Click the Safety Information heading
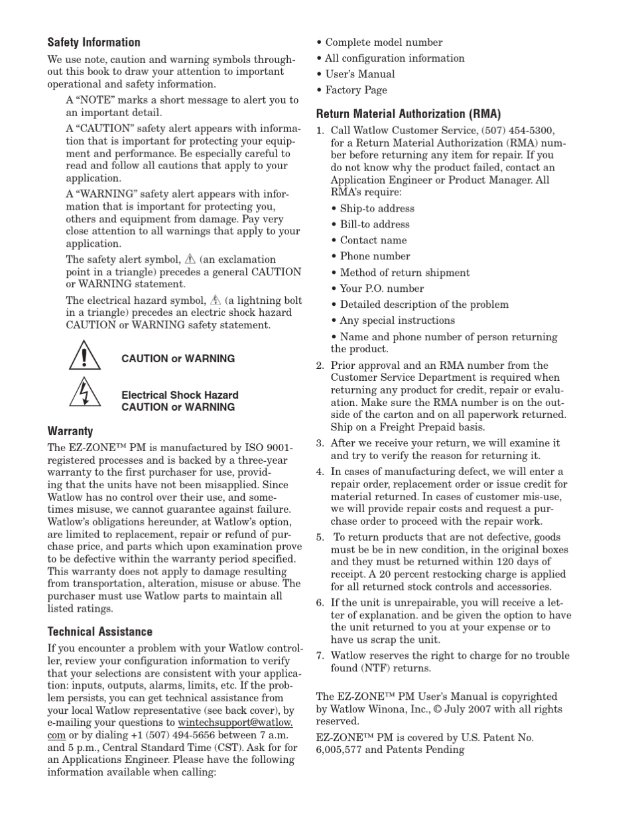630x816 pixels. tap(94, 42)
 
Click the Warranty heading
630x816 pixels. tap(70, 431)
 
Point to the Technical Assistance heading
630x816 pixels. tap(99, 632)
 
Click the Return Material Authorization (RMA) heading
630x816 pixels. tap(408, 113)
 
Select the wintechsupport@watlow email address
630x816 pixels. tap(235, 722)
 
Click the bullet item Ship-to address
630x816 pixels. tap(377, 208)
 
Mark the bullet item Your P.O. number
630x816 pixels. tap(381, 289)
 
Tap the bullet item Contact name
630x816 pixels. tap(373, 240)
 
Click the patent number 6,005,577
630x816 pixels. tap(342, 750)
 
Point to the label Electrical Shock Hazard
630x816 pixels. tap(180, 395)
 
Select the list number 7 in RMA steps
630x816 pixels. tap(319, 655)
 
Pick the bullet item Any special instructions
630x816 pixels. tap(397, 320)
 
